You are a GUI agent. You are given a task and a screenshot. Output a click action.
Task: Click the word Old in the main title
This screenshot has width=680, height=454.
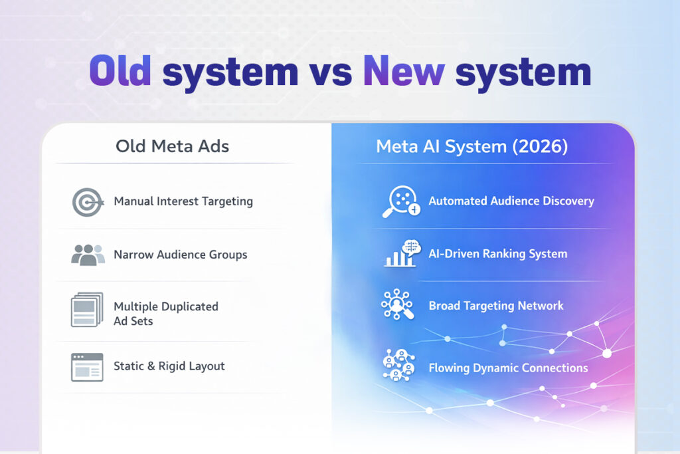pyautogui.click(x=120, y=71)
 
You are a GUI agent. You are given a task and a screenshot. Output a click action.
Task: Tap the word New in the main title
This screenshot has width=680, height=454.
pyautogui.click(x=404, y=71)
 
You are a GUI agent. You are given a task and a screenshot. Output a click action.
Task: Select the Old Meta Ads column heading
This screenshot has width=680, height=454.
pyautogui.click(x=173, y=146)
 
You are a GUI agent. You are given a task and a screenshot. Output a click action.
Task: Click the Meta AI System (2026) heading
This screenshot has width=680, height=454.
pyautogui.click(x=472, y=146)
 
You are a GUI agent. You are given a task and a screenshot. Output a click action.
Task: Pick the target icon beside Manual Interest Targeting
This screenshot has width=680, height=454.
pyautogui.click(x=87, y=202)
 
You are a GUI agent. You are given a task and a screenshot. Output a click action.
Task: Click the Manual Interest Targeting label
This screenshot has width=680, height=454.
pyautogui.click(x=183, y=201)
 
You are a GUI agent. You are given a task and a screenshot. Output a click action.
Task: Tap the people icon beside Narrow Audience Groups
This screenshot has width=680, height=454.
pyautogui.click(x=88, y=255)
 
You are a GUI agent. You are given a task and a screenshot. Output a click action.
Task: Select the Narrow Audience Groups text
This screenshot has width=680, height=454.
pyautogui.click(x=181, y=255)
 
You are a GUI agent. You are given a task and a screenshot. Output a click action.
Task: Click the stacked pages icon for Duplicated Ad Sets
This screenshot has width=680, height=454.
pyautogui.click(x=87, y=310)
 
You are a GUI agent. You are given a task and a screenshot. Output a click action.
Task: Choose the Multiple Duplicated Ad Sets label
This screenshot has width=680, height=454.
pyautogui.click(x=166, y=314)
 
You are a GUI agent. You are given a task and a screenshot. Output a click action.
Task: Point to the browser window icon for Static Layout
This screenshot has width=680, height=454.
pyautogui.click(x=87, y=367)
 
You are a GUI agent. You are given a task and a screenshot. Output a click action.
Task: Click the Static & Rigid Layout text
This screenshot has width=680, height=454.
pyautogui.click(x=169, y=366)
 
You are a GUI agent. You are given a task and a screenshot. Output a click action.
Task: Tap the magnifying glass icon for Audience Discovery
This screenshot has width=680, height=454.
pyautogui.click(x=401, y=201)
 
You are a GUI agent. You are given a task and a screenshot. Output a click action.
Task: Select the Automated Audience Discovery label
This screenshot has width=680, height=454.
pyautogui.click(x=511, y=201)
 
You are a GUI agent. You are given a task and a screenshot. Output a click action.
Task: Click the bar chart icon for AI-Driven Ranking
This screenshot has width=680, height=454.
pyautogui.click(x=400, y=253)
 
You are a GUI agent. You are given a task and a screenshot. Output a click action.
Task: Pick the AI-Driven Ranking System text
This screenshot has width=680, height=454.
pyautogui.click(x=498, y=253)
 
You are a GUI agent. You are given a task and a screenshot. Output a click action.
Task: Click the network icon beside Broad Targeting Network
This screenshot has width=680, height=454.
pyautogui.click(x=397, y=305)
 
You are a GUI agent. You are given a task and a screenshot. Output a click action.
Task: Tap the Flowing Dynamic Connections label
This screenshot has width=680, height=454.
pyautogui.click(x=508, y=368)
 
